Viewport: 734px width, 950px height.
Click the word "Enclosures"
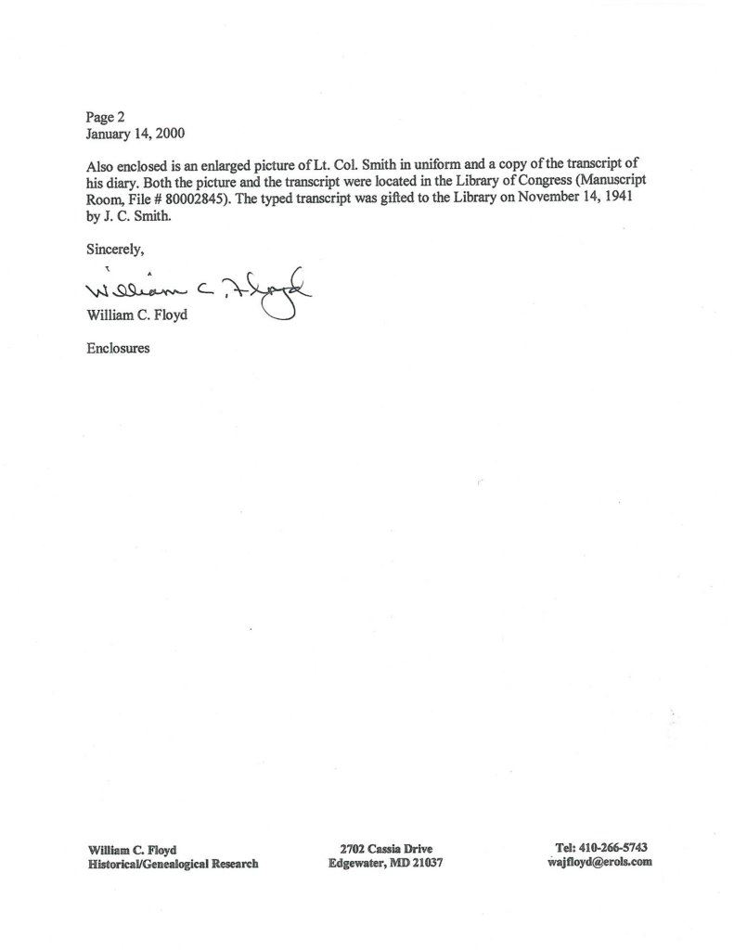(118, 350)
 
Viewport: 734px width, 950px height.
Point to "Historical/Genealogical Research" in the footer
(173, 863)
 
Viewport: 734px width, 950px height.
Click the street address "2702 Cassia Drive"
(387, 848)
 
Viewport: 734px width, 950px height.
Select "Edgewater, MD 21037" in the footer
(387, 863)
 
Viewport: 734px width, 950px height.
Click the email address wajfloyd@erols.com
(600, 862)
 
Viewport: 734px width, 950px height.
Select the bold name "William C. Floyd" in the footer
(133, 848)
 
